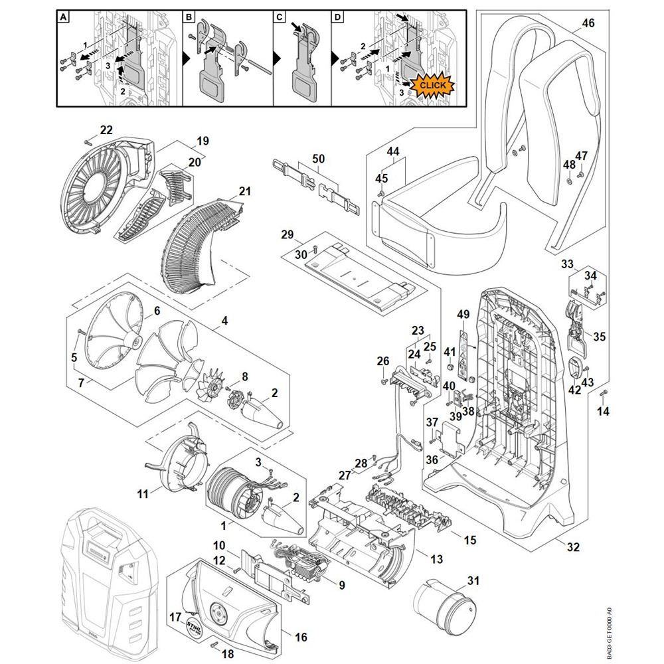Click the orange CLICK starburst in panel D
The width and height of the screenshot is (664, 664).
coord(432,86)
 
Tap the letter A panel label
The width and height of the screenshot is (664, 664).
coord(63,17)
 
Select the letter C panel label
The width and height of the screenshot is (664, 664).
coord(279,17)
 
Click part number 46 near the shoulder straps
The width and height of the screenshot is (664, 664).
coord(588,23)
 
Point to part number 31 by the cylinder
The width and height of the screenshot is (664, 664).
coord(473,580)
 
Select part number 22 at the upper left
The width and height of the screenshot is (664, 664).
coord(106,129)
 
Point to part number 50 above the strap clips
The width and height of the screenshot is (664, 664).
coord(319,159)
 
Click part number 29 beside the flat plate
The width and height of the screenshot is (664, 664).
coord(288,234)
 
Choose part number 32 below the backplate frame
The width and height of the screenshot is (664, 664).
coord(573,546)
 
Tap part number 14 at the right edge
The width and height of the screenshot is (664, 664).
coord(603,410)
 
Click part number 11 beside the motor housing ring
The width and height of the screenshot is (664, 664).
coord(143,493)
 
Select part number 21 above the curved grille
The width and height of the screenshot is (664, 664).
coord(245,191)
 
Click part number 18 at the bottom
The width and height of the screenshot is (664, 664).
coord(228,654)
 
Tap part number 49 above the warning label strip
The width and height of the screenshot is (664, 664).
coord(463,314)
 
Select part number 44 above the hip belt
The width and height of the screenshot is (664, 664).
coord(393,151)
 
